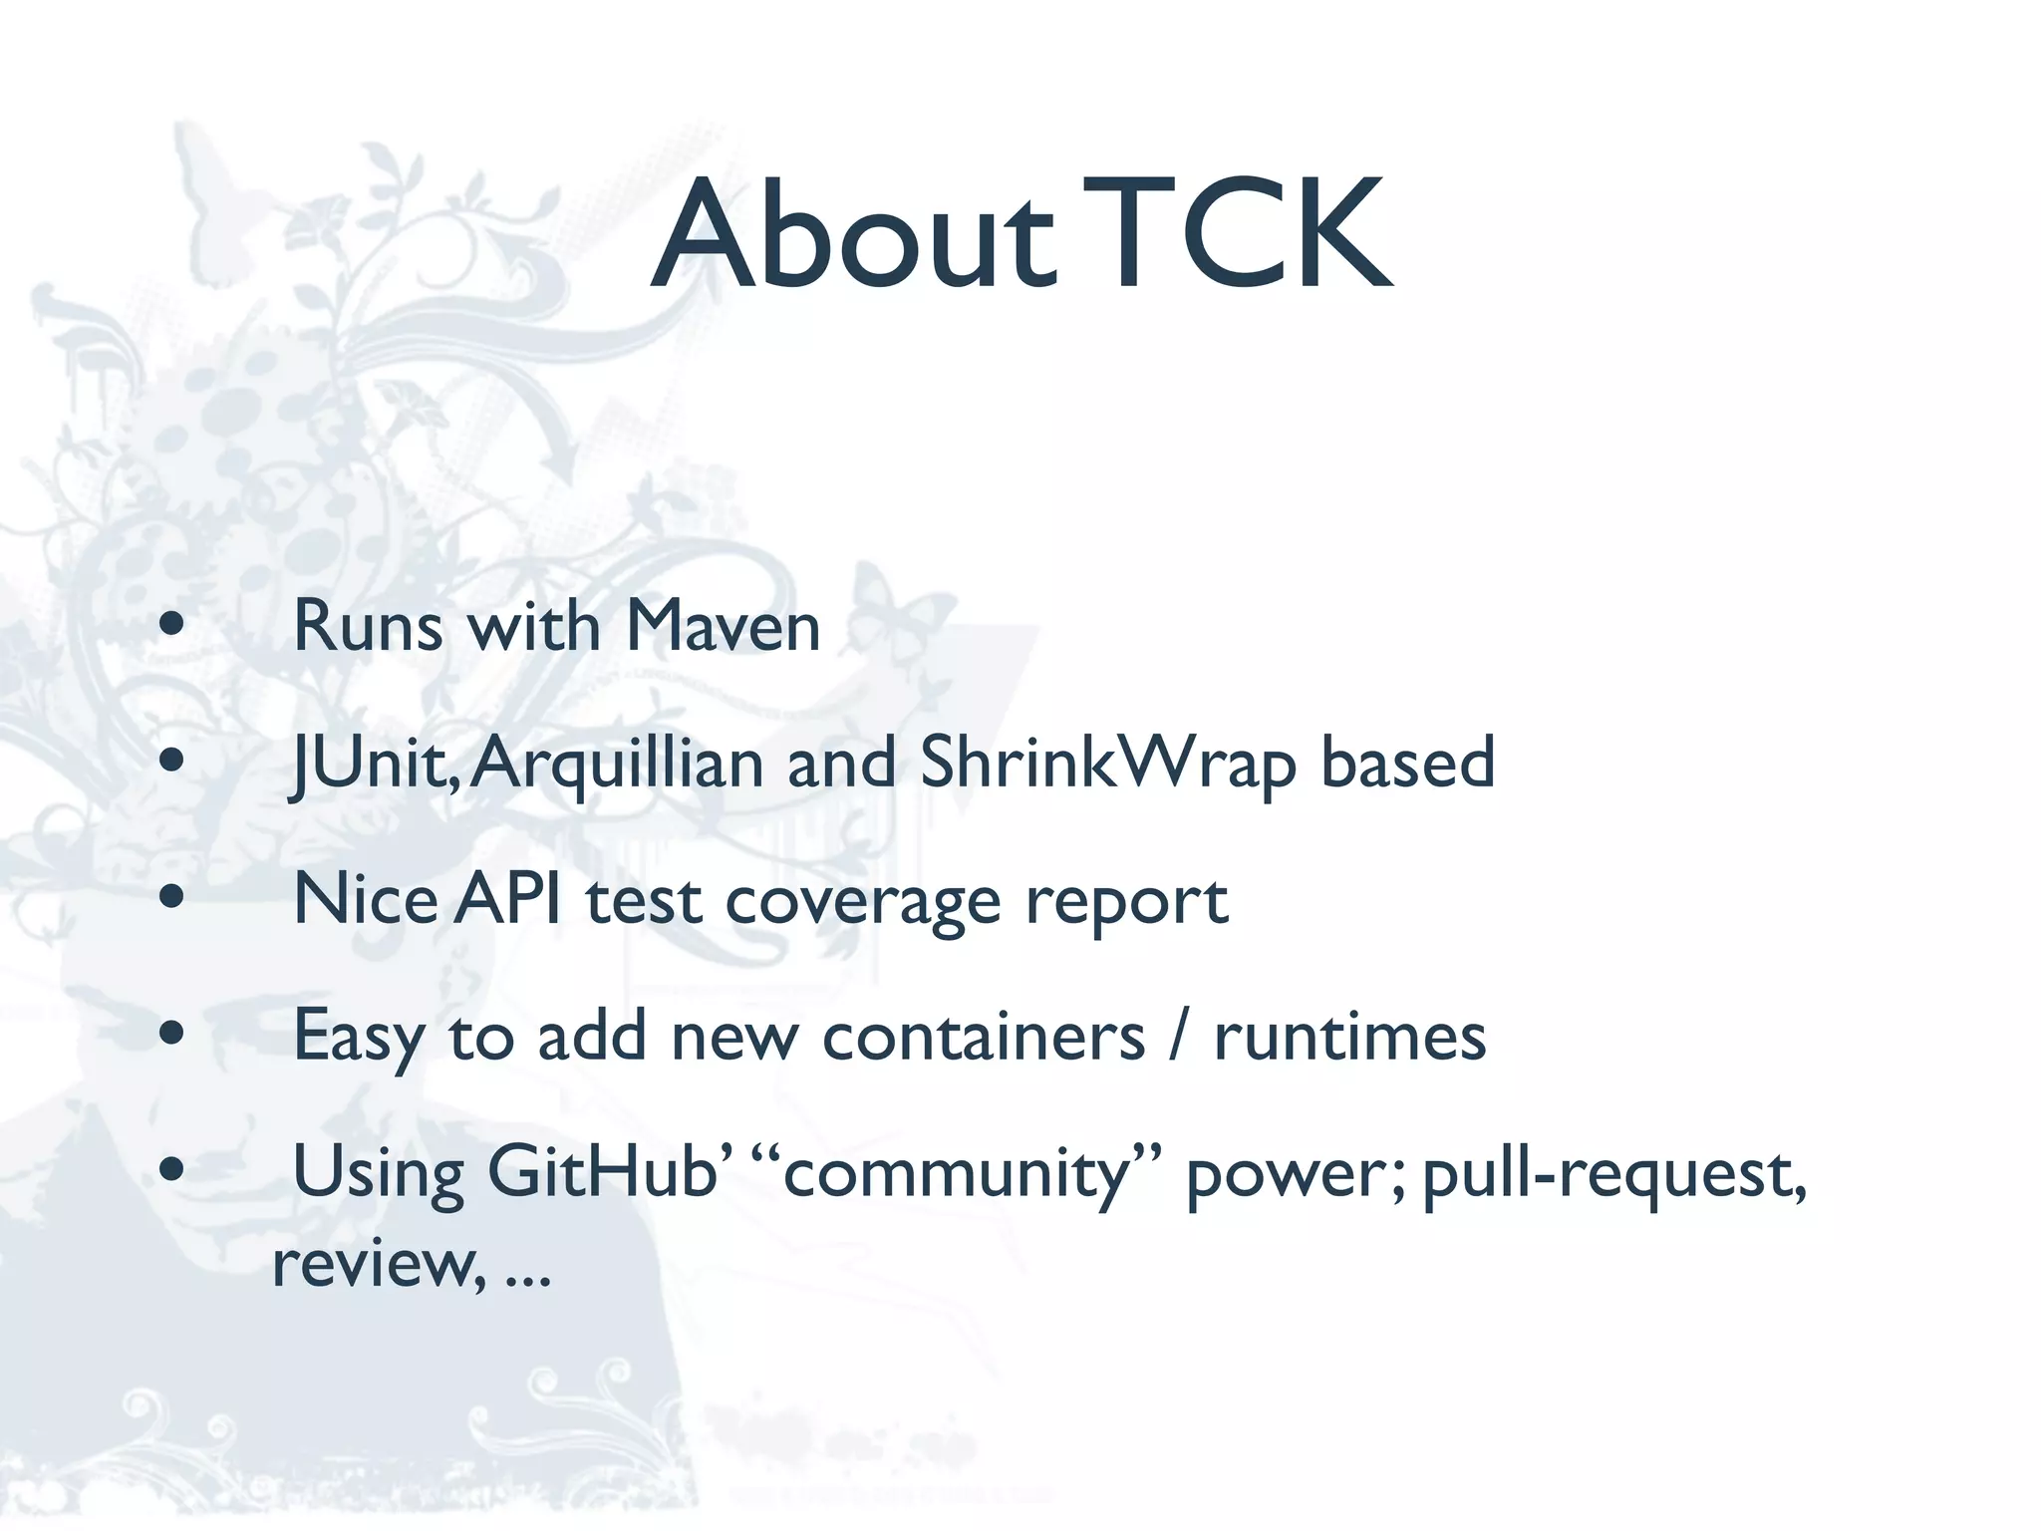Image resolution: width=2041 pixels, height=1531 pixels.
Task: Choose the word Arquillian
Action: click(617, 763)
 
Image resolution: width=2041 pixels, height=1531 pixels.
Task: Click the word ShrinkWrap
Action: click(1107, 763)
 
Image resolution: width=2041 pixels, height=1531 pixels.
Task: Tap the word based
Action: click(1407, 763)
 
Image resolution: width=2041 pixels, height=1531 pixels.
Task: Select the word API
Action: click(508, 899)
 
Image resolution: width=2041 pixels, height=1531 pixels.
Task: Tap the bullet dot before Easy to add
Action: click(172, 1033)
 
